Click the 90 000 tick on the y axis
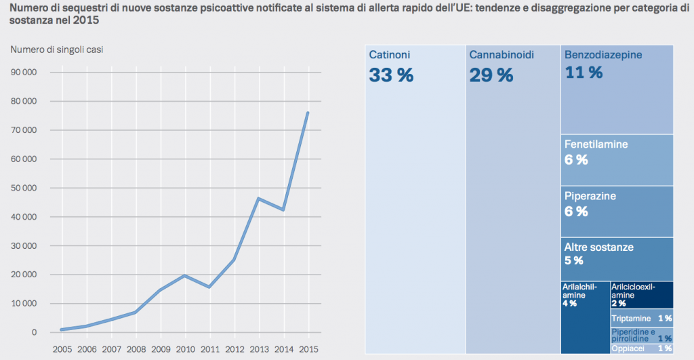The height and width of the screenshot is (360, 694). (24, 73)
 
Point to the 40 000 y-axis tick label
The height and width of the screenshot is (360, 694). (24, 217)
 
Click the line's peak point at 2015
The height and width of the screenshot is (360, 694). (308, 113)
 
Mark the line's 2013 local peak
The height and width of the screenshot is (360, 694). (259, 199)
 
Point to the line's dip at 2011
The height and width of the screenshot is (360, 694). (209, 287)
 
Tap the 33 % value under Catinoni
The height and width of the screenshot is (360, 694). (391, 75)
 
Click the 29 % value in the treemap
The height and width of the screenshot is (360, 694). (491, 75)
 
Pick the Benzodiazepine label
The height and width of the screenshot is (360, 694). (603, 54)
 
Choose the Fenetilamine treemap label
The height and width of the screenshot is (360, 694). (596, 144)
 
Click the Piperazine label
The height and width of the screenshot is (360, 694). (590, 196)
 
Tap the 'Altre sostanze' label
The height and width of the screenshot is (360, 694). (599, 247)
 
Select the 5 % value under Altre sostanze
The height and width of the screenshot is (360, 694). (574, 261)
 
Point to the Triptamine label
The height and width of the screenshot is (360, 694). (631, 318)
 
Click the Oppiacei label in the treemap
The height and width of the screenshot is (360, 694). (628, 348)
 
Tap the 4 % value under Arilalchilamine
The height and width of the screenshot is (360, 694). (569, 304)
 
